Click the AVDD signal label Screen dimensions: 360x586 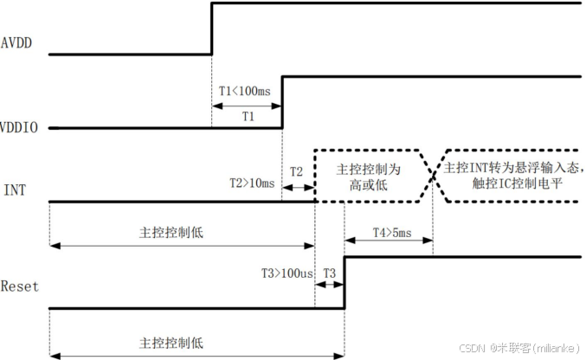[17, 41]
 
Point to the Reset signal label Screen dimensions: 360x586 [20, 286]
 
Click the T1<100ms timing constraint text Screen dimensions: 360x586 [247, 91]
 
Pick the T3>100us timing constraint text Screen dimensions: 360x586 [287, 272]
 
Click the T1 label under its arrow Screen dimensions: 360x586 [248, 115]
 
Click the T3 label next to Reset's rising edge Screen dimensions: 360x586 [330, 272]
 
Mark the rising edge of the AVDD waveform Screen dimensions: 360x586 [212, 29]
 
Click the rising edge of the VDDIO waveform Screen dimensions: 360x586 [282, 102]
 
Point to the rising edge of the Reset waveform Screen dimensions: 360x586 [345, 281]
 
